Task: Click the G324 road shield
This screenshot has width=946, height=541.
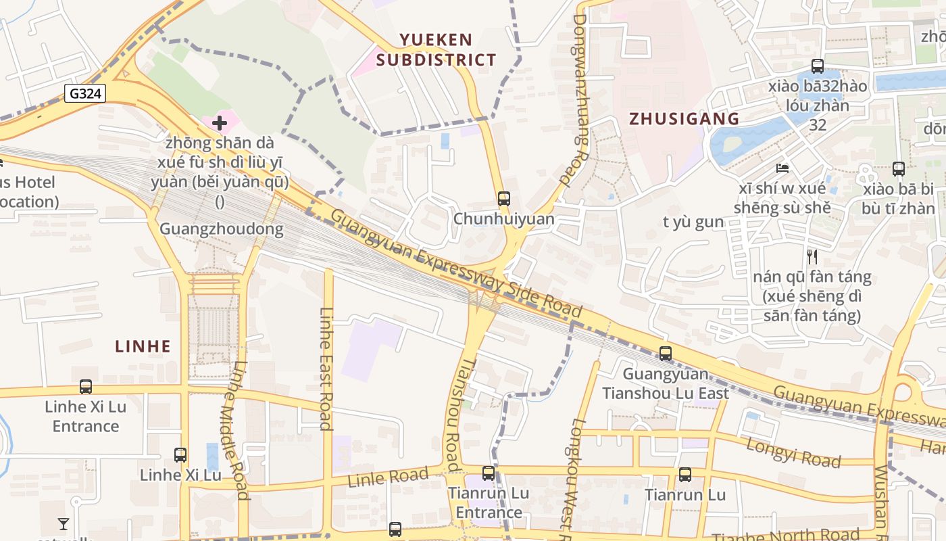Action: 85,93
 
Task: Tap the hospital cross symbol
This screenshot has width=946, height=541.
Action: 219,123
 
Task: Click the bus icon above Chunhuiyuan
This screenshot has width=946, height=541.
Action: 503,198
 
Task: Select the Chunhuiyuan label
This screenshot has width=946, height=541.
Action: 503,219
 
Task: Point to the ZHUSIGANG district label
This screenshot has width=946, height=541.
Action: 684,119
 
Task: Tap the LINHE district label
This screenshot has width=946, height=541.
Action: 143,346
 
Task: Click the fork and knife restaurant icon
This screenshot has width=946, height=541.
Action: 812,256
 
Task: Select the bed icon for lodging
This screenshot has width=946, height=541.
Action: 782,168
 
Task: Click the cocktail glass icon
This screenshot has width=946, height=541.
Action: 64,523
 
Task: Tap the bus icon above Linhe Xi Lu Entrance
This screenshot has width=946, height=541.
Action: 86,386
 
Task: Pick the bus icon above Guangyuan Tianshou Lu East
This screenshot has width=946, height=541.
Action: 666,353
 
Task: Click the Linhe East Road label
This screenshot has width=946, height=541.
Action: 326,369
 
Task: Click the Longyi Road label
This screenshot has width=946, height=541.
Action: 793,452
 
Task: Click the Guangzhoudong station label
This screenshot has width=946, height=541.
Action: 221,229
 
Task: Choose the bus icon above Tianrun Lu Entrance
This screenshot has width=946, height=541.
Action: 489,473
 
